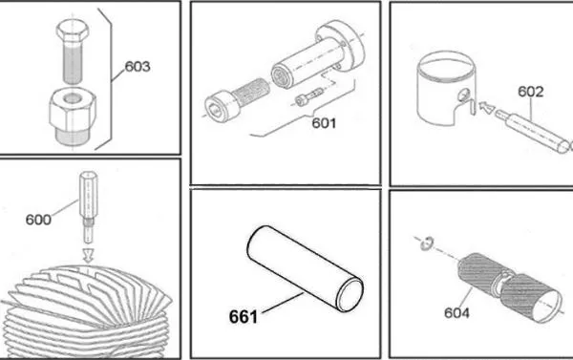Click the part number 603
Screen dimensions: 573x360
(138, 67)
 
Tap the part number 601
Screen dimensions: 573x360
(324, 123)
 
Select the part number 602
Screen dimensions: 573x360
(531, 92)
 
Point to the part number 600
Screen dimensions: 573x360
(38, 220)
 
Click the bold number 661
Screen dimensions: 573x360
(244, 316)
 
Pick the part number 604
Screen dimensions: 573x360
(456, 313)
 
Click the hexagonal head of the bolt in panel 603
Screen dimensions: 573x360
(73, 30)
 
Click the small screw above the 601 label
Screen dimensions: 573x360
(309, 96)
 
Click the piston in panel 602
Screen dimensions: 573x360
(448, 89)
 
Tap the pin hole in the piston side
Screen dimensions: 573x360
(463, 95)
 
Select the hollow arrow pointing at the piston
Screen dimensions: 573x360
(486, 108)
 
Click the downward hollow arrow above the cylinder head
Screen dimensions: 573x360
(88, 255)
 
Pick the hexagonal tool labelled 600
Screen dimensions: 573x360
(88, 207)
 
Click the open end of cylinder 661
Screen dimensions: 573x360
(350, 294)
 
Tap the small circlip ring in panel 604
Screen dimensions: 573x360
(427, 244)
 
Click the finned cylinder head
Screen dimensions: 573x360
(86, 311)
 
